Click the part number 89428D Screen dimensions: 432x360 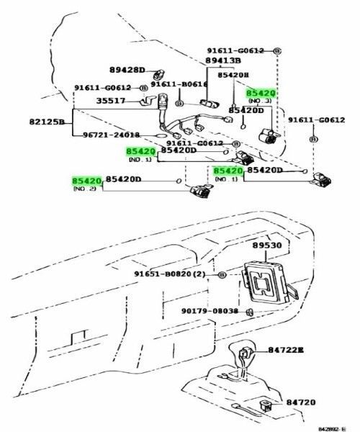127,70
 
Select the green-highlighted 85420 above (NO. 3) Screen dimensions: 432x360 261,94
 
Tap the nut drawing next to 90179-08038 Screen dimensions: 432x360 248,312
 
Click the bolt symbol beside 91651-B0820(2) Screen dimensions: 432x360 222,275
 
